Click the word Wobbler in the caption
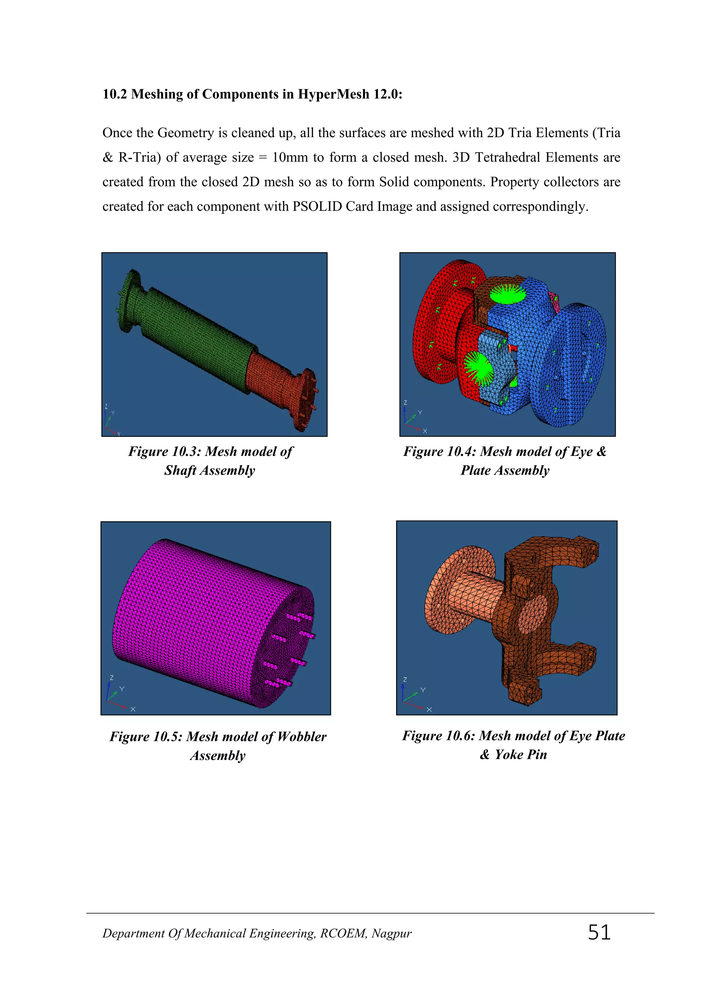tap(302, 737)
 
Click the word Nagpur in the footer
tap(391, 934)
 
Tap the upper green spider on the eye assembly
tap(507, 293)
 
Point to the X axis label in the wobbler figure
tap(133, 709)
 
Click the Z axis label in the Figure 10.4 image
tap(405, 403)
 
